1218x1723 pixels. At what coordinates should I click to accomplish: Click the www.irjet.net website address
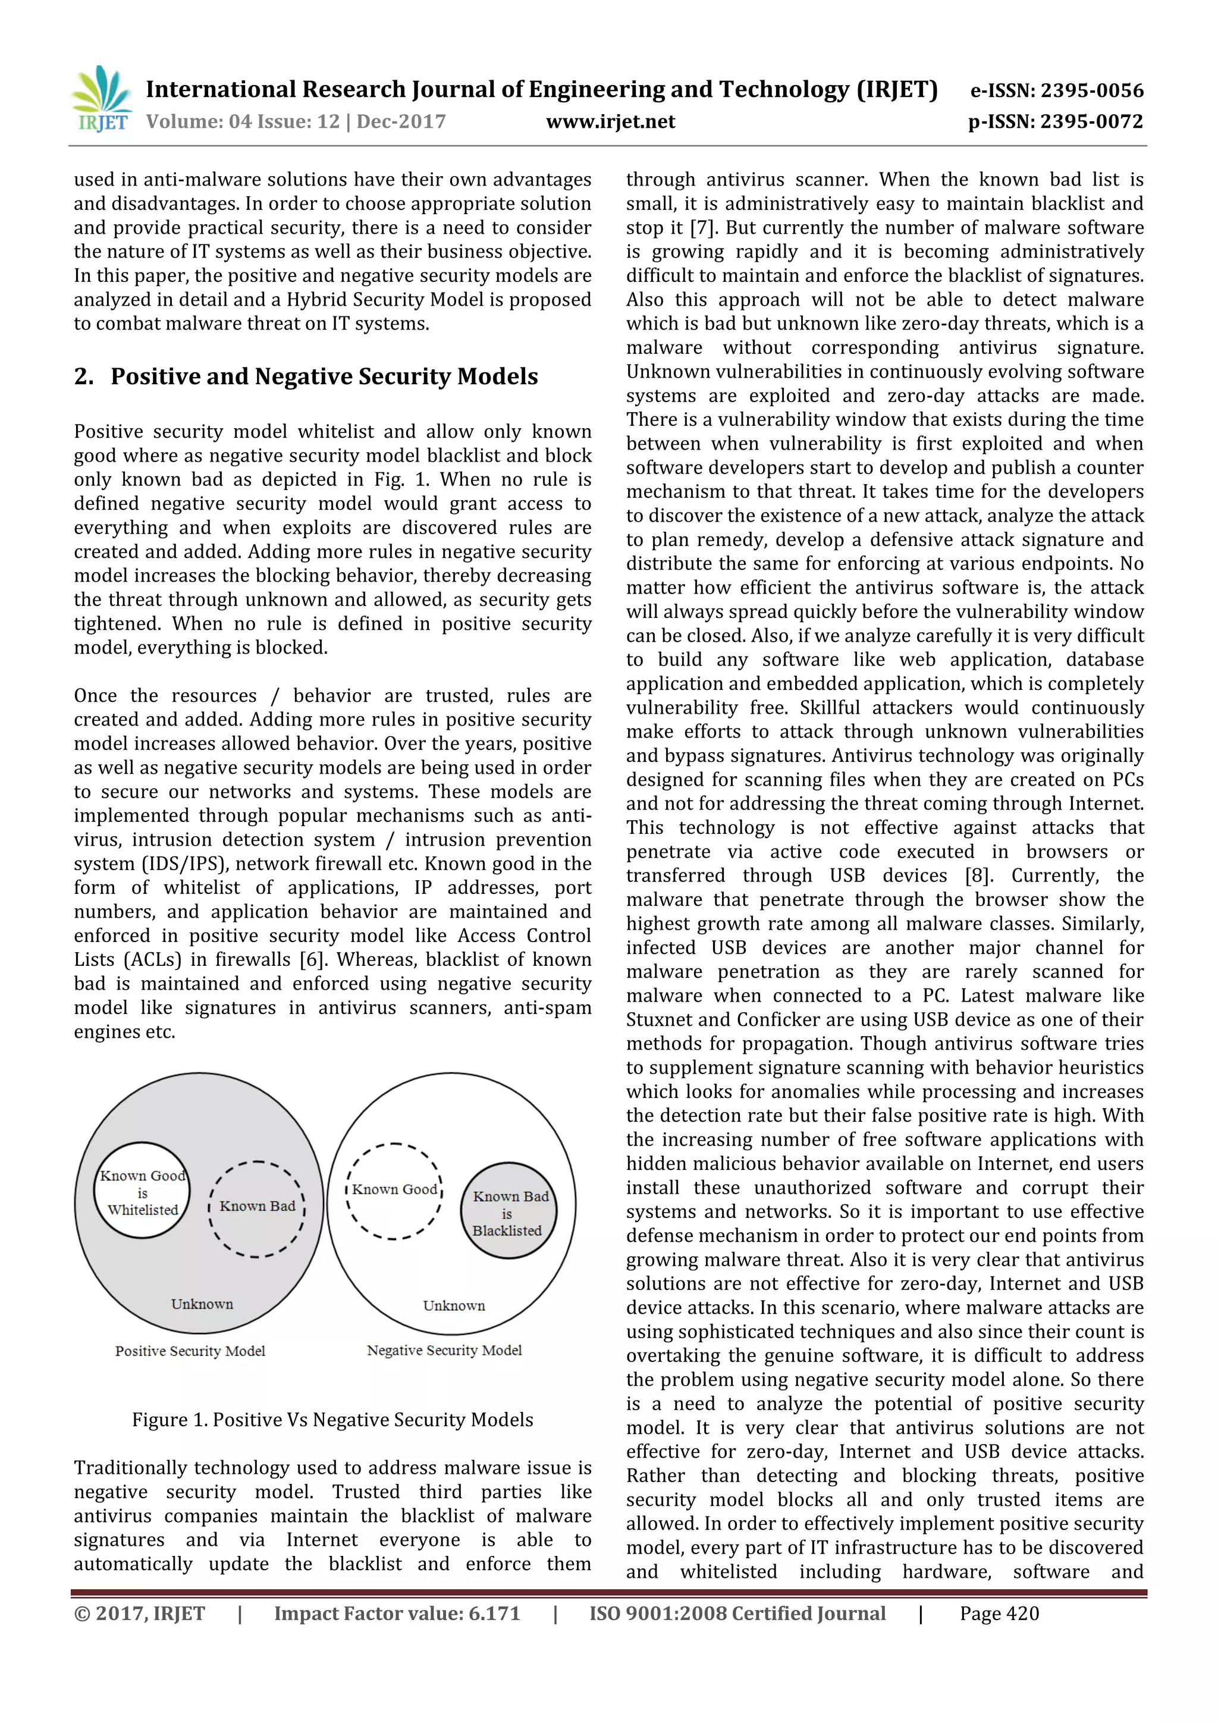point(610,121)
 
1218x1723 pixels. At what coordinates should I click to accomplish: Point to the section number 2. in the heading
point(83,376)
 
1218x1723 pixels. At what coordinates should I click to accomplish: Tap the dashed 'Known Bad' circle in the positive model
point(257,1208)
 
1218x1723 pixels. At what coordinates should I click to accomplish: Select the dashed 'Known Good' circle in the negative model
point(394,1192)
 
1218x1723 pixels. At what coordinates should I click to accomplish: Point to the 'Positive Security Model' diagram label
point(190,1351)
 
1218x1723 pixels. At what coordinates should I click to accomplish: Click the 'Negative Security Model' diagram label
point(444,1350)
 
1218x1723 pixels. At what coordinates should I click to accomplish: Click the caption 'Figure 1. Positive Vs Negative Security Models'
point(332,1420)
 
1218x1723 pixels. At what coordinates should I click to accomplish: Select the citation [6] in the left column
point(312,960)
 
